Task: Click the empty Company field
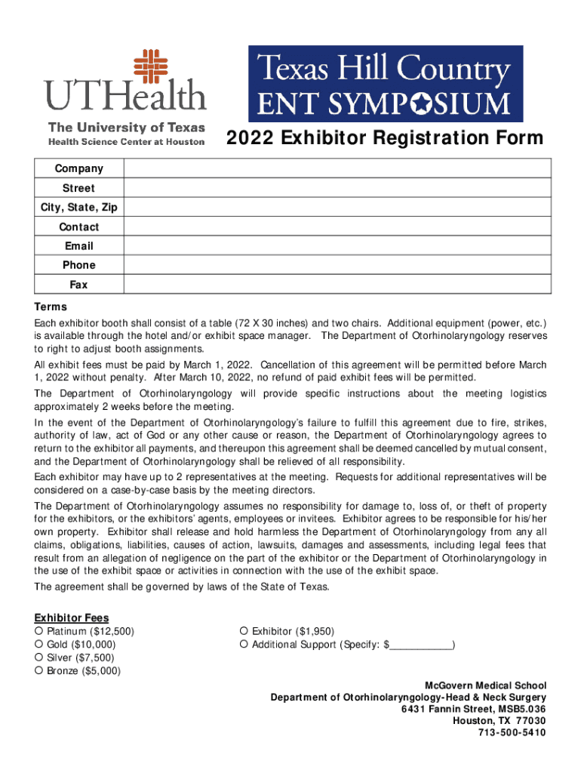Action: (x=338, y=168)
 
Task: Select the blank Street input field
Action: (x=338, y=188)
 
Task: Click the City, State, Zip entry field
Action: (x=338, y=207)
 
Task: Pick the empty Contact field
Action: (x=338, y=226)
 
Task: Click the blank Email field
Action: (x=338, y=246)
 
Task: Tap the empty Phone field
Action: (x=338, y=265)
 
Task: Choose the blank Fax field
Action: (x=338, y=285)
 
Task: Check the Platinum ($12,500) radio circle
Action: (x=38, y=631)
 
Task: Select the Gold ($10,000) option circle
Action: (x=38, y=645)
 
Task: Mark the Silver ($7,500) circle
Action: (x=38, y=658)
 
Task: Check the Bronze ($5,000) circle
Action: (x=38, y=670)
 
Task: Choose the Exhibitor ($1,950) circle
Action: (x=244, y=631)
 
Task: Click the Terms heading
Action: (x=51, y=307)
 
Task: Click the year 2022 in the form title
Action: (x=248, y=139)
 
